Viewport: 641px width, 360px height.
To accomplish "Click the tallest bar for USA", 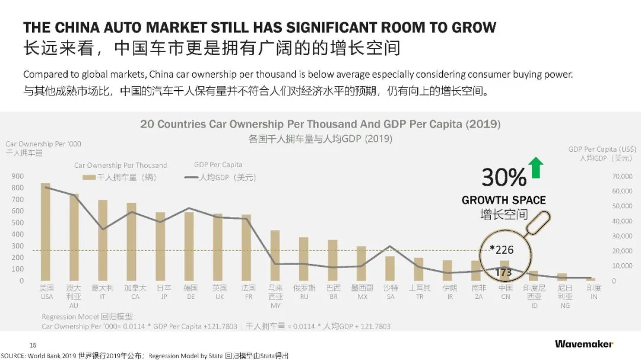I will [x=45, y=231].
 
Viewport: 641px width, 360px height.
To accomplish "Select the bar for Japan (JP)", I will [x=160, y=246].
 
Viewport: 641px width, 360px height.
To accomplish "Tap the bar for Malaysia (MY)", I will [x=275, y=255].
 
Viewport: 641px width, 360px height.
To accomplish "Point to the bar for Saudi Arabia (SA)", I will [x=390, y=268].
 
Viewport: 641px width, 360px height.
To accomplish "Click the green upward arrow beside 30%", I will [x=536, y=168].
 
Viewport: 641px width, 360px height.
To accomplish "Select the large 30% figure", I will [x=503, y=177].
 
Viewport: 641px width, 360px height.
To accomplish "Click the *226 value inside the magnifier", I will [x=502, y=250].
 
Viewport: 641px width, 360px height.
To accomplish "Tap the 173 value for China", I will [x=503, y=272].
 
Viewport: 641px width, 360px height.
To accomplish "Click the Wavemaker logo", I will [x=584, y=344].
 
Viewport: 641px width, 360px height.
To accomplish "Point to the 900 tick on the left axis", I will [x=18, y=176].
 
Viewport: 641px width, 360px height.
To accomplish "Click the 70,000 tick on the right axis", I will [x=623, y=176].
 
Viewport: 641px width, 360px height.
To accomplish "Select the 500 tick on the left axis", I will [x=18, y=222].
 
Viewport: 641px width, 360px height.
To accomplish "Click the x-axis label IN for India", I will [x=594, y=297].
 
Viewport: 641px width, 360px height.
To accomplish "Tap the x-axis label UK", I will [x=218, y=297].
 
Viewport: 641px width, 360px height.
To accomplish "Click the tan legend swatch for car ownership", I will [x=88, y=177].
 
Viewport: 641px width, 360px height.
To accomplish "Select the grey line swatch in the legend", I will [x=191, y=177].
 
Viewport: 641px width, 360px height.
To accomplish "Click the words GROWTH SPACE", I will [x=503, y=200].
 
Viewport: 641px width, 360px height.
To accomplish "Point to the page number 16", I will [x=33, y=345].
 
